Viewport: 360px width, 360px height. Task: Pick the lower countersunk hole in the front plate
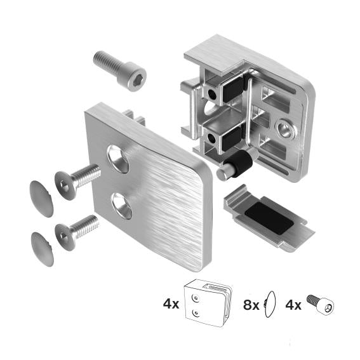(x=121, y=206)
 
